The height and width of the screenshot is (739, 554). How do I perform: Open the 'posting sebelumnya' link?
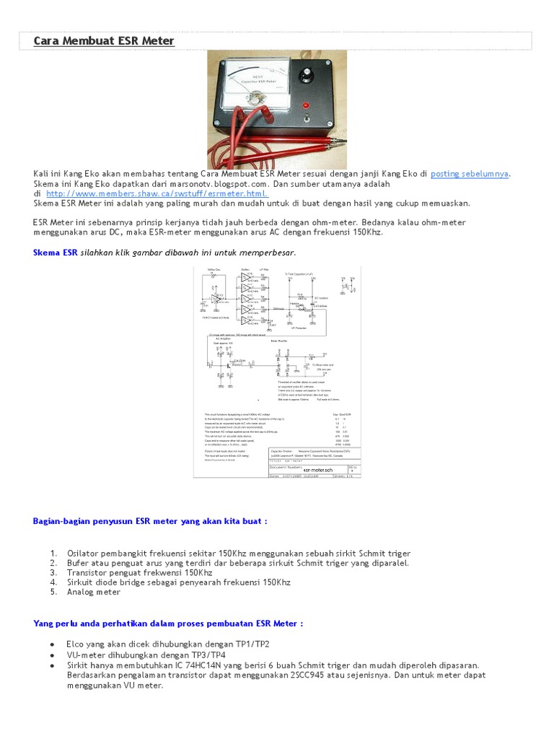coord(470,174)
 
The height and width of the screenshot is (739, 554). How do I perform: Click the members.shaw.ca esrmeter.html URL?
coord(157,193)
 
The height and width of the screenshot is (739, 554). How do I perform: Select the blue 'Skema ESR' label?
coord(56,253)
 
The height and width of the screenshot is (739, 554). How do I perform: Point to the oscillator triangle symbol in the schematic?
coord(214,296)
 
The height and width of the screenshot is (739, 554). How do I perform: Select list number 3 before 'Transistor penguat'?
coord(53,572)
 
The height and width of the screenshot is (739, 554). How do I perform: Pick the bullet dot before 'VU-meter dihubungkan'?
coord(52,655)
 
